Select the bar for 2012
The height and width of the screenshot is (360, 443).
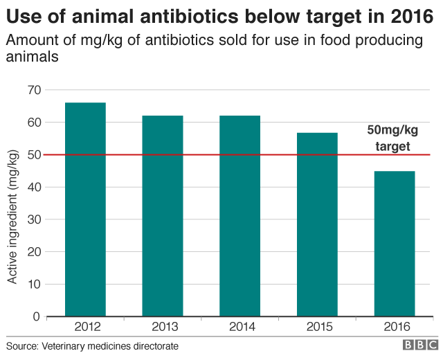point(85,210)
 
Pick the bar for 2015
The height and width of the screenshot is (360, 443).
point(317,224)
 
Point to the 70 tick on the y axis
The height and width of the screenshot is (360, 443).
point(34,90)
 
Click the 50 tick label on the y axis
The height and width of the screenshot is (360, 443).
point(34,155)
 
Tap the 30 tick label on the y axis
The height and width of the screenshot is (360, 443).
point(34,219)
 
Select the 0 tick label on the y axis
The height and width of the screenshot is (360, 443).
point(37,317)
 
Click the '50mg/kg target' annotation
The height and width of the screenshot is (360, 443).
point(392,138)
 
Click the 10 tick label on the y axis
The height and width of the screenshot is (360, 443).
point(34,285)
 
